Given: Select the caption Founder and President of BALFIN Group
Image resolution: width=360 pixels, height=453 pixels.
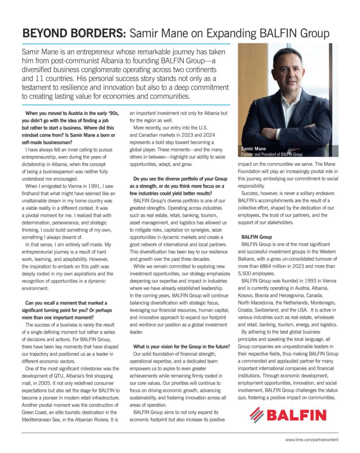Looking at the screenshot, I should click(271, 155).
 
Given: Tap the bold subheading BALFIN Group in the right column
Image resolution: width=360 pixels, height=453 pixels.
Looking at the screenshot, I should click(257, 237).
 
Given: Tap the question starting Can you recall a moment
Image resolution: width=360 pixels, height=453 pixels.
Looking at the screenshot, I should click(66, 303).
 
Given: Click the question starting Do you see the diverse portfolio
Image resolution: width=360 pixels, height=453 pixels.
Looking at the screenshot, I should click(178, 179).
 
